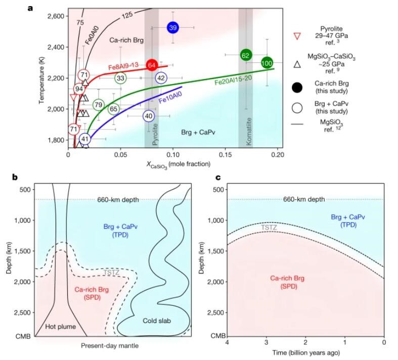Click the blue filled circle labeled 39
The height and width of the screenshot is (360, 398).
(x=173, y=27)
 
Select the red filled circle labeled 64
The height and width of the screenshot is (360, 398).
(x=152, y=65)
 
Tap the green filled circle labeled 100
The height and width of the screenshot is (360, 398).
(x=268, y=63)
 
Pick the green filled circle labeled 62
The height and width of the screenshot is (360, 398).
(x=246, y=55)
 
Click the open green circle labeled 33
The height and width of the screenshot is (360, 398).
(x=120, y=78)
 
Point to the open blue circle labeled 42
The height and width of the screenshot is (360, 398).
(x=161, y=78)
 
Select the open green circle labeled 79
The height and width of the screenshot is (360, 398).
(x=99, y=105)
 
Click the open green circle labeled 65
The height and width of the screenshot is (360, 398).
(x=114, y=109)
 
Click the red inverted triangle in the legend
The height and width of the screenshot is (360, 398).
(x=298, y=35)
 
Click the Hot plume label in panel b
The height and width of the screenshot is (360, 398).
(x=60, y=327)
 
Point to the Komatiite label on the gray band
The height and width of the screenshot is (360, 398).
(x=248, y=134)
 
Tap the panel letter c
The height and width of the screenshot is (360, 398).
(x=218, y=178)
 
